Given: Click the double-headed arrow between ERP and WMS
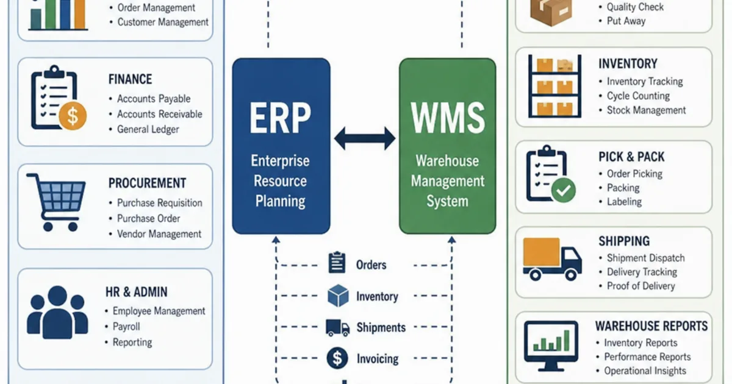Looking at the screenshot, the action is tap(365, 138).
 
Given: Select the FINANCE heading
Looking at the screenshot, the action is tap(130, 79).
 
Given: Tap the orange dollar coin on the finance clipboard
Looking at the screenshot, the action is tap(73, 116).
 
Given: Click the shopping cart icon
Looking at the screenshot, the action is tap(56, 202).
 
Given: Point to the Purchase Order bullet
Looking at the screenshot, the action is tap(148, 218).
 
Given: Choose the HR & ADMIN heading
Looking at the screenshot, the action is tap(136, 292).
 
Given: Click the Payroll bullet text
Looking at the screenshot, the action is tap(126, 327).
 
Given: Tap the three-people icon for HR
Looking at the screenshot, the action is tap(57, 312).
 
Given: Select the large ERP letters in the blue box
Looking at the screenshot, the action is tap(280, 118).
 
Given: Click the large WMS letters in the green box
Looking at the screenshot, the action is tap(448, 118).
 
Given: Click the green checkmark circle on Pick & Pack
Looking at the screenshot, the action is tap(564, 190).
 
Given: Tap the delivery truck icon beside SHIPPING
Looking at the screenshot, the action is tap(552, 259).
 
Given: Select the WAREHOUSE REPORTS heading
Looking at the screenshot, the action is tap(651, 326).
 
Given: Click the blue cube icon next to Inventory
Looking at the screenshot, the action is tap(338, 296).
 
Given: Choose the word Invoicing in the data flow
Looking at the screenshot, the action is tap(378, 359).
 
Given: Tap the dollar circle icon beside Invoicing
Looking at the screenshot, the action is tap(337, 358).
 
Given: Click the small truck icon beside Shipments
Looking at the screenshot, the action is tap(337, 328).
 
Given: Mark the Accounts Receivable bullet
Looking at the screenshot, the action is tap(159, 115).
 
